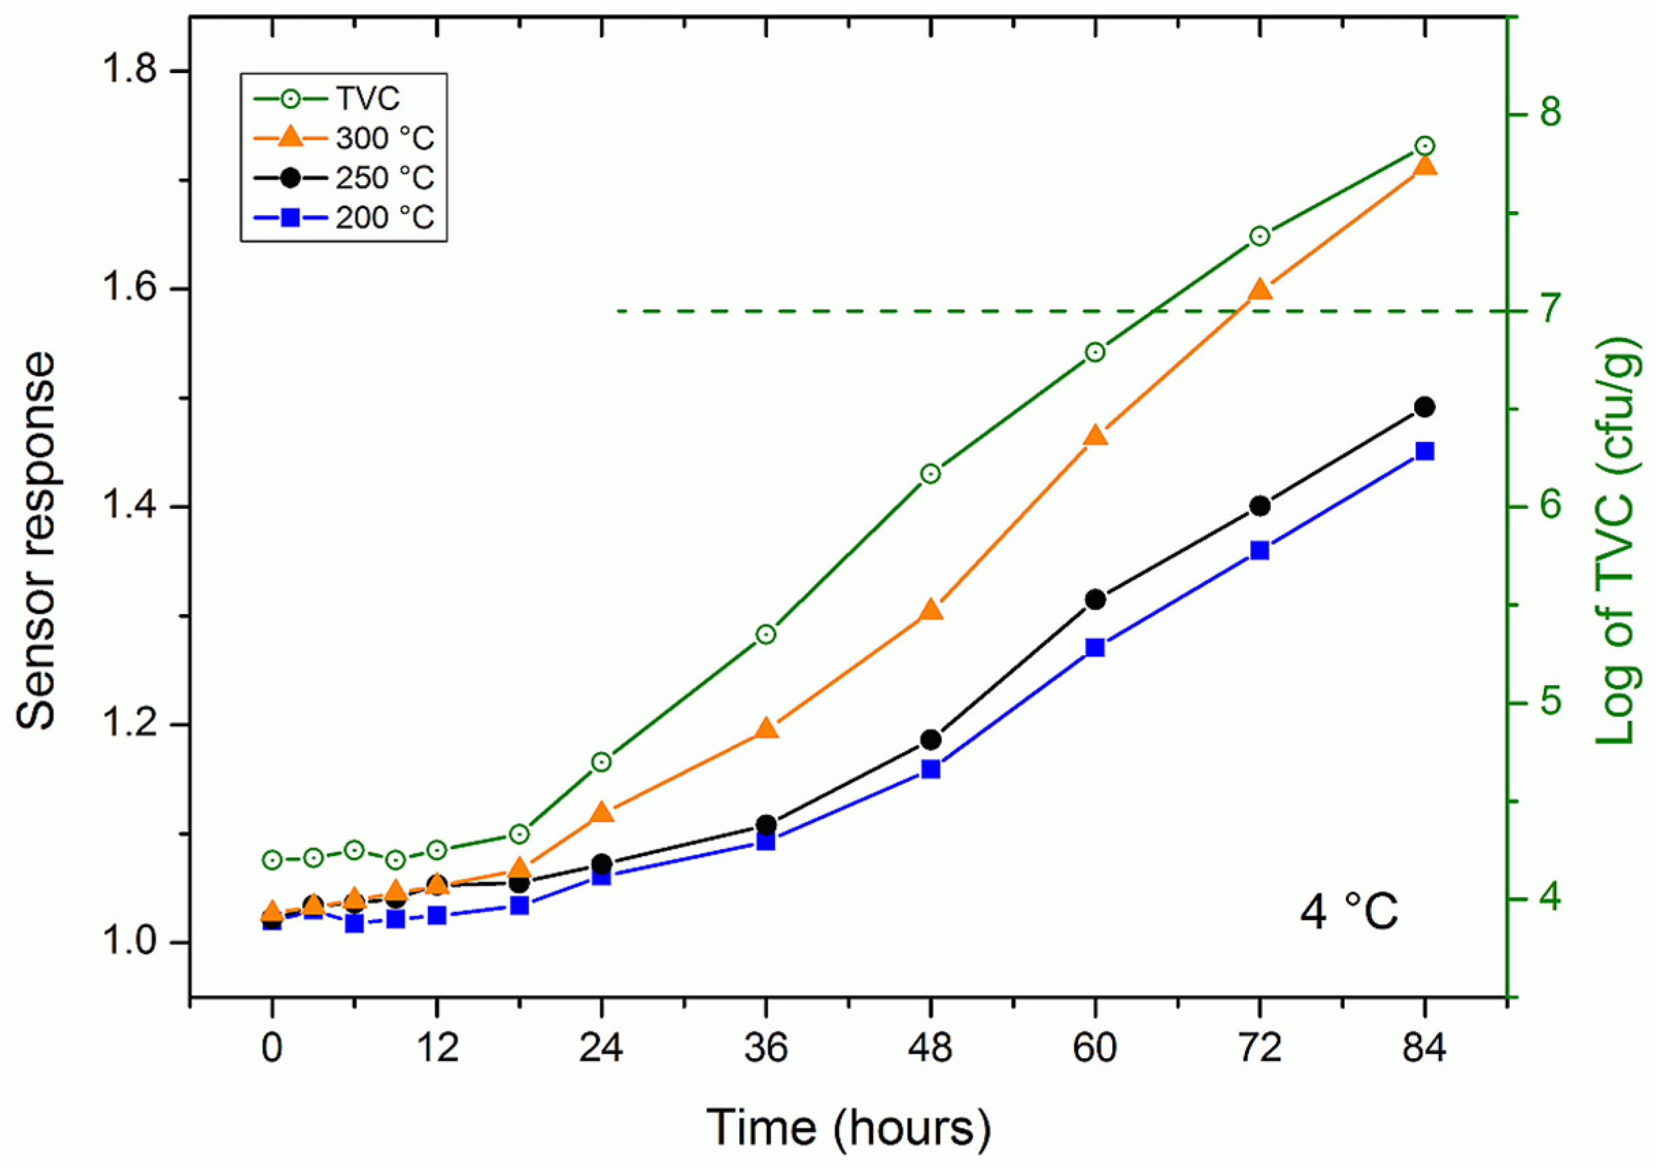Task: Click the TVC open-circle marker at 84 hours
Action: [x=1425, y=146]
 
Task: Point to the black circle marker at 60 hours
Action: [x=1095, y=600]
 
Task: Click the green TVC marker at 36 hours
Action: [x=766, y=635]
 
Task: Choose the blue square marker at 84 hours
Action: [x=1425, y=451]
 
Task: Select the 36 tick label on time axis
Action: [x=766, y=1048]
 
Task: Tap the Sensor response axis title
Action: [x=36, y=541]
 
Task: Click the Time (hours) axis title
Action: [x=847, y=1127]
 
